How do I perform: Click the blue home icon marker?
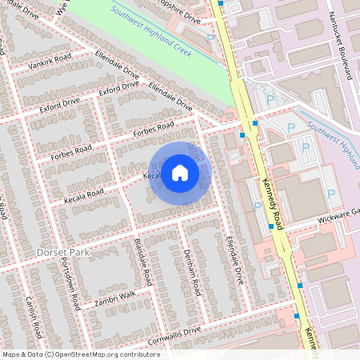(x=180, y=172)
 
